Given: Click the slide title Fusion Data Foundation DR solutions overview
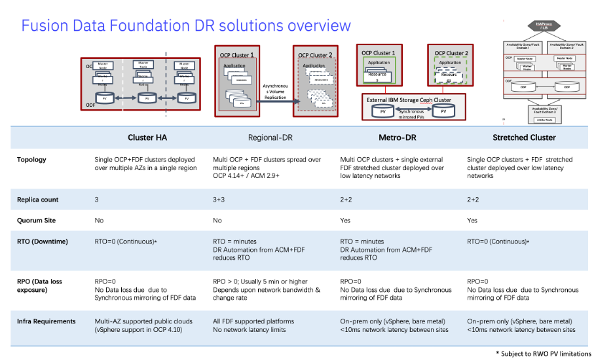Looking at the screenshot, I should [x=186, y=26].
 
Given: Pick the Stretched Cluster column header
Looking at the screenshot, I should [x=524, y=137].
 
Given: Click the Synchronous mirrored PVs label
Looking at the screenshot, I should [x=413, y=114].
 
